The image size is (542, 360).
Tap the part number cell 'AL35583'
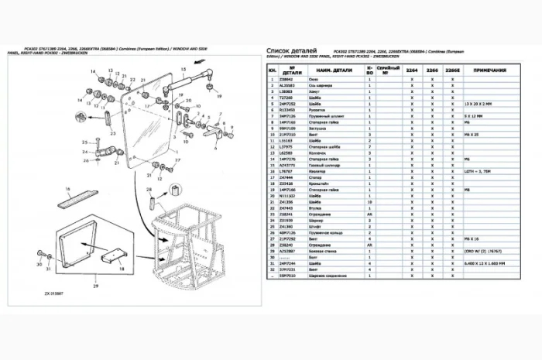coord(289,86)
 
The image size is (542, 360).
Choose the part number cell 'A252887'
coord(289,252)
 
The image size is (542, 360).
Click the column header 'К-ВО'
coord(370,70)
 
